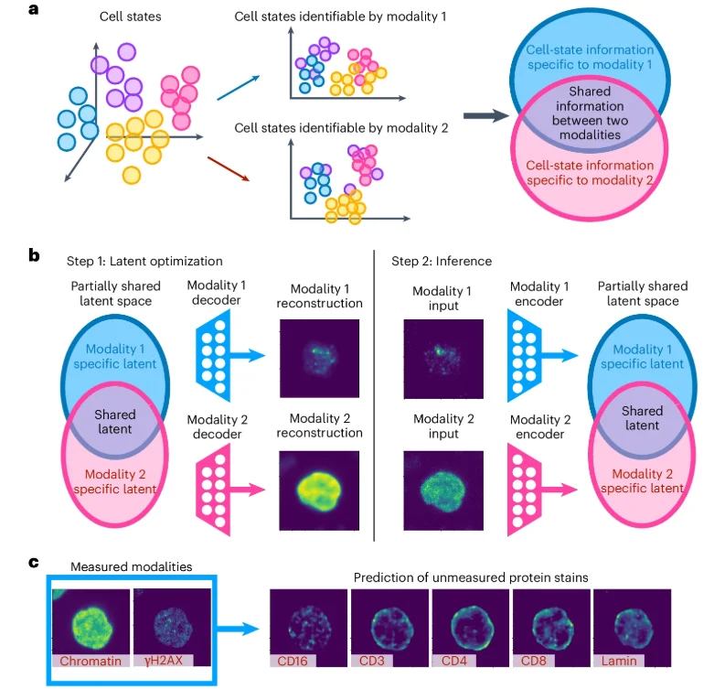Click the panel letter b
click(x=35, y=254)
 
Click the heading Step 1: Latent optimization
click(x=144, y=261)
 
